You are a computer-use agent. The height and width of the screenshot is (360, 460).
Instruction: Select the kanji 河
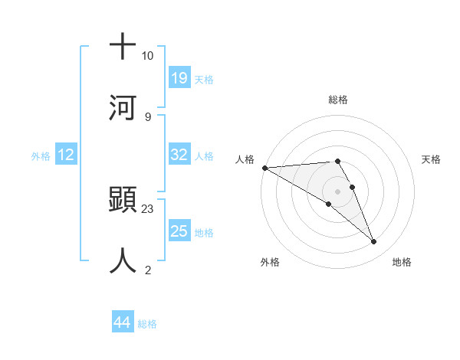(123, 106)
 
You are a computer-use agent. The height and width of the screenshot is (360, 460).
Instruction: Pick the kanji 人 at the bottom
(123, 260)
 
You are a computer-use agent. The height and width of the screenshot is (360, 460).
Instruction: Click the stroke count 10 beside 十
(148, 56)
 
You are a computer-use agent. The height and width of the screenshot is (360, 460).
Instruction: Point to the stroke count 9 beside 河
(147, 116)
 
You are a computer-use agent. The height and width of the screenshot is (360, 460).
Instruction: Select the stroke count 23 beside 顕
(148, 208)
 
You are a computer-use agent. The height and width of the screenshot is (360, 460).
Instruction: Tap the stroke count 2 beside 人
(147, 270)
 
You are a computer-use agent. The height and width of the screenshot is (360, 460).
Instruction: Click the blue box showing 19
(179, 77)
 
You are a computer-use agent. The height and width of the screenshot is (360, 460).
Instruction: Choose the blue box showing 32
(179, 155)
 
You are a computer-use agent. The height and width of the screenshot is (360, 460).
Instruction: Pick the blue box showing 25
(179, 231)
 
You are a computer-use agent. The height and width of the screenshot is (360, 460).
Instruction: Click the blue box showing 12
(66, 155)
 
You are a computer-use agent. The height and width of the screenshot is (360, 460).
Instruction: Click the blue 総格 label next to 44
(147, 324)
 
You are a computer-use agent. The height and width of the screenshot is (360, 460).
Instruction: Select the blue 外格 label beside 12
(41, 156)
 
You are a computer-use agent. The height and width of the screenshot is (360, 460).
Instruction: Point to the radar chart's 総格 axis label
(338, 100)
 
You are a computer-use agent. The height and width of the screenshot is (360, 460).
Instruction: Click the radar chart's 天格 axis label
(432, 159)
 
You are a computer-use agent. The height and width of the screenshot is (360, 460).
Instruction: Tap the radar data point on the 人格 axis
(264, 168)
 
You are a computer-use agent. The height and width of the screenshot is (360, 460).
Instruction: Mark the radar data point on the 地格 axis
(374, 242)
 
